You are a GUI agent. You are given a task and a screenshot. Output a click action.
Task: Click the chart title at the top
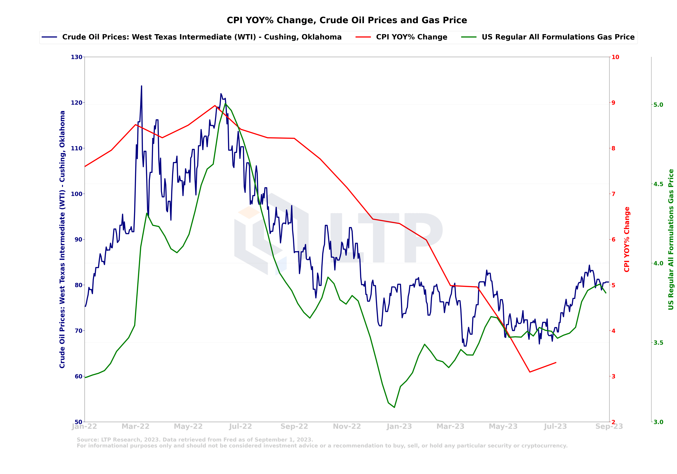coord(347,20)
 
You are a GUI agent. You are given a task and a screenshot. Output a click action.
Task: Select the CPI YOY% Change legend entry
coord(411,37)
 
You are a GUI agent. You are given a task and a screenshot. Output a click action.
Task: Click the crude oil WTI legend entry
coord(202,37)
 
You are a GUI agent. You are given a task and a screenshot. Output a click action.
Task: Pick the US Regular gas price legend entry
coord(558,37)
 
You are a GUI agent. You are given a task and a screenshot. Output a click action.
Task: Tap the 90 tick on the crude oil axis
coord(78,240)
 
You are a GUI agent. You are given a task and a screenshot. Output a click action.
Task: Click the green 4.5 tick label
coord(658,184)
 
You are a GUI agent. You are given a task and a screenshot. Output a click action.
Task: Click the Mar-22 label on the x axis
coord(136,426)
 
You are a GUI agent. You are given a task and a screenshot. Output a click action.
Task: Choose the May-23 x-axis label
coord(503,426)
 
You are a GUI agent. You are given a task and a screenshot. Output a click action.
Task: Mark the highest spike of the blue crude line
coord(141,86)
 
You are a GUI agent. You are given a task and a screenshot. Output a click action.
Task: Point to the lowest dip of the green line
coord(394,407)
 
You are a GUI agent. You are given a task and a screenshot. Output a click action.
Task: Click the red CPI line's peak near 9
coord(215,105)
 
